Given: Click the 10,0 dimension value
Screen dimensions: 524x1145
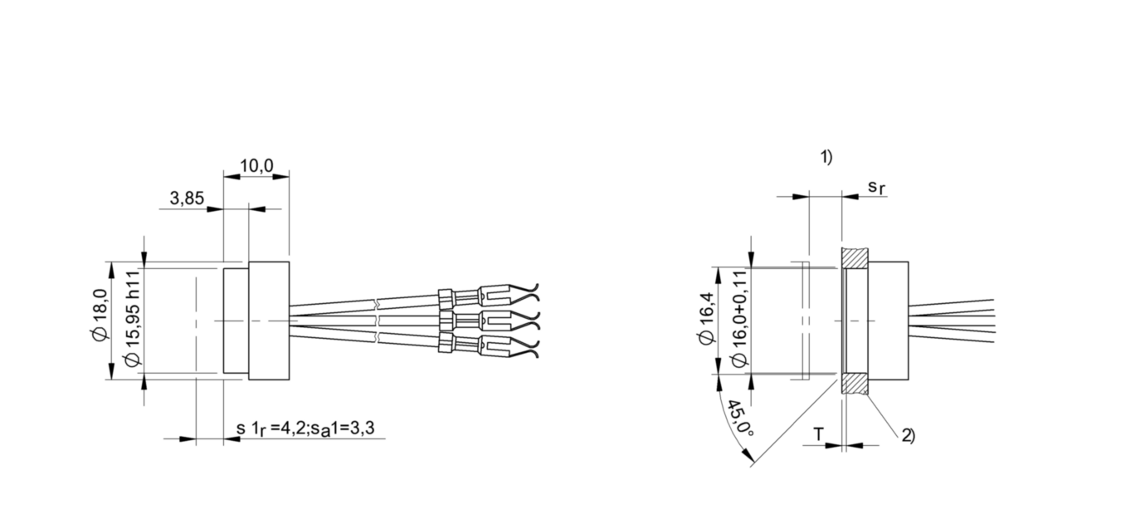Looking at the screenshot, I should tap(256, 166).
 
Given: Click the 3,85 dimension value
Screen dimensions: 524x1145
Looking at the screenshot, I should tap(187, 198).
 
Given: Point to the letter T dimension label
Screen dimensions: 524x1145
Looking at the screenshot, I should tap(818, 434).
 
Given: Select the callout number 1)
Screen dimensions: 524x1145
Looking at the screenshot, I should tap(826, 157).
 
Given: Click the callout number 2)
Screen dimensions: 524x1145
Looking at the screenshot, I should tap(908, 435).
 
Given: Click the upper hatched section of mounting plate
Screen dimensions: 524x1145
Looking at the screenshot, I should tap(855, 258).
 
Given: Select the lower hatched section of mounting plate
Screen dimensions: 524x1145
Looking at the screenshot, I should tap(855, 383).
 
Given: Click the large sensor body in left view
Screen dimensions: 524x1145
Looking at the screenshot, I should tap(269, 321).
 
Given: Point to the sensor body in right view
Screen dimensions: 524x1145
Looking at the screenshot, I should tap(889, 321).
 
